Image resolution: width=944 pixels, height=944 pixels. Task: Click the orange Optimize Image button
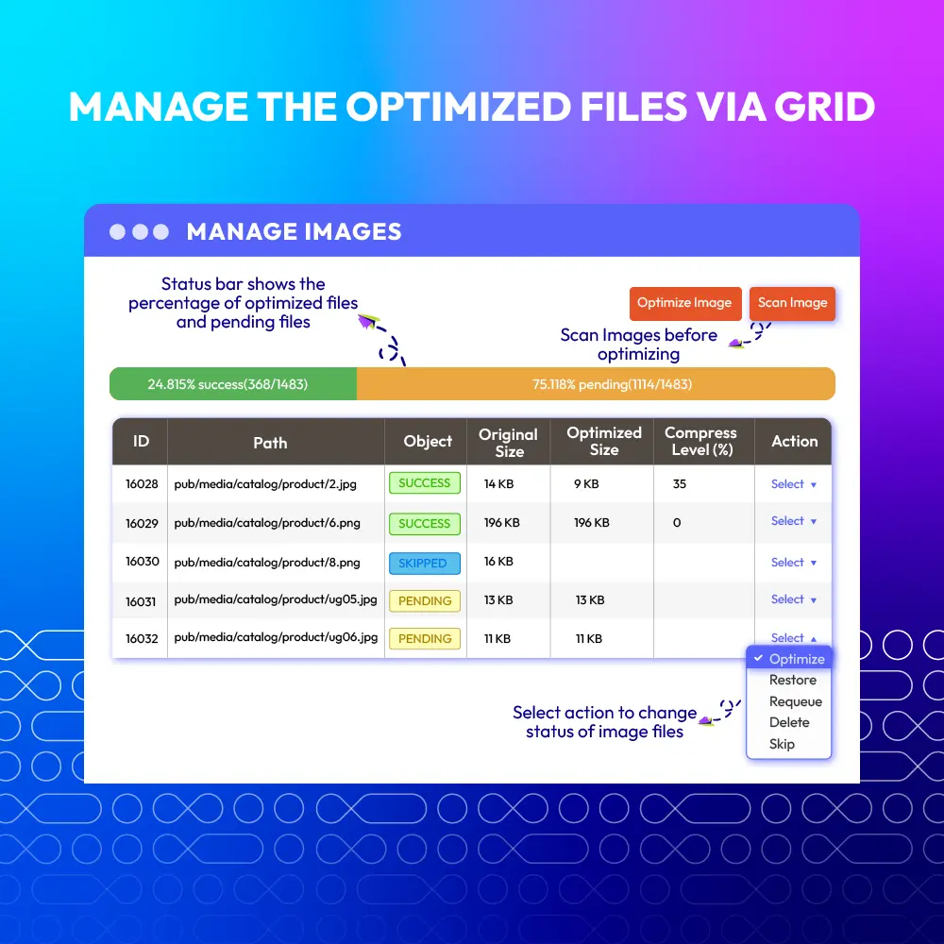[684, 303]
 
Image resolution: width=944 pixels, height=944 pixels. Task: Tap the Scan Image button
[792, 303]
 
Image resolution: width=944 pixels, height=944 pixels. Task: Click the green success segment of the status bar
[233, 384]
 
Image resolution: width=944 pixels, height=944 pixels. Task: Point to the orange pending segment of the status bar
[596, 384]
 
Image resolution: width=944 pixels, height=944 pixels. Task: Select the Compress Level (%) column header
[700, 441]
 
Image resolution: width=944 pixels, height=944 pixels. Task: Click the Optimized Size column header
[604, 441]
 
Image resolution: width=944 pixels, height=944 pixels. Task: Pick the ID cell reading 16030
[143, 562]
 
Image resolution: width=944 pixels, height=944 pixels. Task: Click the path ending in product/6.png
[267, 523]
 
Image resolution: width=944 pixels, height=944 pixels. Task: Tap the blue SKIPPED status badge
[425, 563]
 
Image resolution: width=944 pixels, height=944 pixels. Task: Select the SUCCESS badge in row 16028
[425, 482]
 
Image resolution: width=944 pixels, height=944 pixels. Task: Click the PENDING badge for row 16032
[425, 638]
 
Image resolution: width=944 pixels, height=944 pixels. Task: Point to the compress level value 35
[680, 484]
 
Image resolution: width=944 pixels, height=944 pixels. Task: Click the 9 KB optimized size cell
[586, 484]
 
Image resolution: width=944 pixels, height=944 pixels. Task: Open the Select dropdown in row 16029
[794, 521]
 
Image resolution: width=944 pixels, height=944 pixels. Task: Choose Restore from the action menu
[792, 680]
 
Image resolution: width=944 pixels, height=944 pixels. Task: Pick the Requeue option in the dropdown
[795, 701]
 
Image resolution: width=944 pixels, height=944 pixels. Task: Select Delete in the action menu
[788, 722]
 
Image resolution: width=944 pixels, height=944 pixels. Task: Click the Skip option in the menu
[782, 744]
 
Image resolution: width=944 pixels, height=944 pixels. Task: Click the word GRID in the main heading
[824, 107]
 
